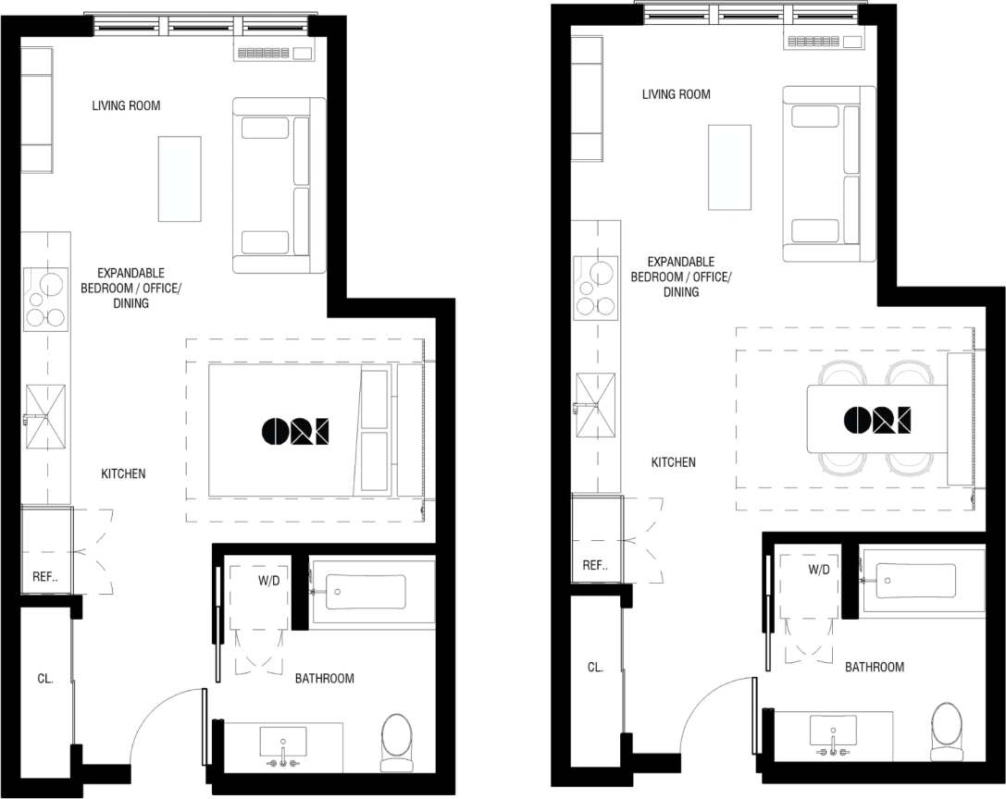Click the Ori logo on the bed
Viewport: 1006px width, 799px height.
[295, 430]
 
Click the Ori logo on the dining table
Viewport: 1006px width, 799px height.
[876, 420]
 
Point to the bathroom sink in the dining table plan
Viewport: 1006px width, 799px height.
[833, 731]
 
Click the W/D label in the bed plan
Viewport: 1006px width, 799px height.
[269, 581]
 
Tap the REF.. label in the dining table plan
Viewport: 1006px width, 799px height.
[594, 566]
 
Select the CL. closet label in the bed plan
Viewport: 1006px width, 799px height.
[45, 678]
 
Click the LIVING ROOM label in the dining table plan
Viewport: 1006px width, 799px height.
[677, 94]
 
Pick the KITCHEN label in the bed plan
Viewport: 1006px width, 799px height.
[123, 473]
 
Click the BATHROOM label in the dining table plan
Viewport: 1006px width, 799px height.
[875, 667]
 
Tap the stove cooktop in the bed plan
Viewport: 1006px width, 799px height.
[45, 299]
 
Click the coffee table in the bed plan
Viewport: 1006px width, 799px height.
[180, 178]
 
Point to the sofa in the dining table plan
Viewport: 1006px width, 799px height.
[828, 174]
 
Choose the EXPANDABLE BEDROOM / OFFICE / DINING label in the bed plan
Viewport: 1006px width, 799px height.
[130, 288]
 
